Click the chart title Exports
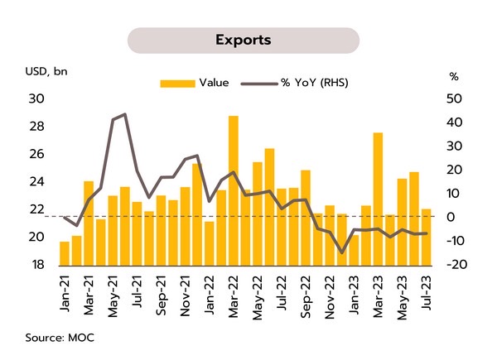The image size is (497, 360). point(243,40)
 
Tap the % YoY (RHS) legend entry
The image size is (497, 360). point(285,83)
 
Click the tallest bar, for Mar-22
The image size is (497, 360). point(234,190)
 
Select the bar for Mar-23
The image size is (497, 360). point(378,199)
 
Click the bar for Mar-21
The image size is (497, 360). point(89,223)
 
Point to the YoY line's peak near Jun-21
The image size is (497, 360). point(124,114)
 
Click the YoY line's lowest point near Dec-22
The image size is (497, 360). point(342,252)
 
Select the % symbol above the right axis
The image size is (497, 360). point(454,77)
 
